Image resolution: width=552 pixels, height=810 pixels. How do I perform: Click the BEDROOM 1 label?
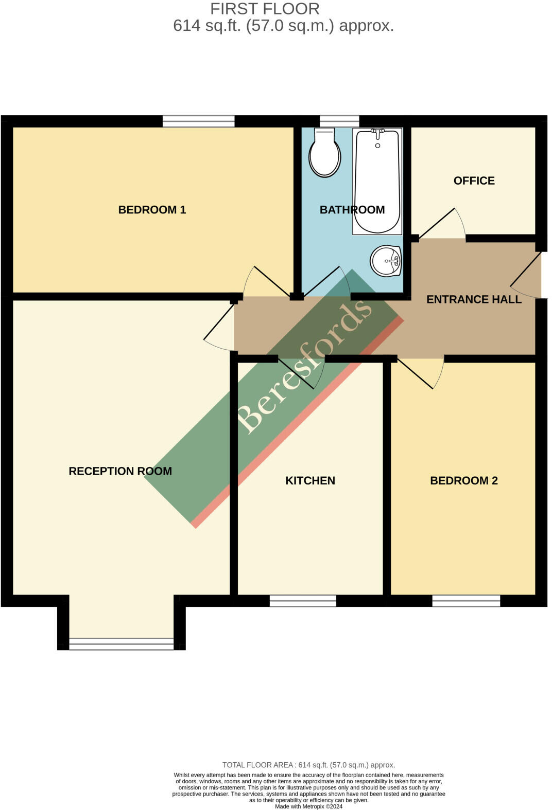[152, 210]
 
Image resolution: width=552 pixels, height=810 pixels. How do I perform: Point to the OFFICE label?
[474, 181]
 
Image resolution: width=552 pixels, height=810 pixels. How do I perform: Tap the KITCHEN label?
[310, 481]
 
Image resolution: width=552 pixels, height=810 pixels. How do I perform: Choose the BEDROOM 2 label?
[463, 481]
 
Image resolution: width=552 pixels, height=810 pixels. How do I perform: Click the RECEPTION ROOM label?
[120, 471]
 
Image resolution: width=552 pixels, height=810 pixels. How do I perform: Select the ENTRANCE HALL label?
[474, 299]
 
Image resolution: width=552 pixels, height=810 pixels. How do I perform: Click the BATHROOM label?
[352, 210]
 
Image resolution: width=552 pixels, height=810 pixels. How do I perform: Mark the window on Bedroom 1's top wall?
[198, 121]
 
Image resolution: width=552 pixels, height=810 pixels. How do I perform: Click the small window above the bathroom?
[339, 121]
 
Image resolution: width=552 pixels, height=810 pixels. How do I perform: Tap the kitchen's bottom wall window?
[303, 601]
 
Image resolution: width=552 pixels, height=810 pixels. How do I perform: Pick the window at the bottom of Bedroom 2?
[466, 601]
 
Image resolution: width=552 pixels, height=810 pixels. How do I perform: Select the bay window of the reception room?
[122, 643]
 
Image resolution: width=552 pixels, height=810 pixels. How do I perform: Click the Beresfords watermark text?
[304, 366]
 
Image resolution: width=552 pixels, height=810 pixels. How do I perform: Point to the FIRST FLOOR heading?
[265, 9]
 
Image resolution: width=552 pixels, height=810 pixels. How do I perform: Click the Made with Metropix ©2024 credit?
[308, 806]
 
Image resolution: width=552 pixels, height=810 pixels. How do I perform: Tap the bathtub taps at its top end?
[378, 134]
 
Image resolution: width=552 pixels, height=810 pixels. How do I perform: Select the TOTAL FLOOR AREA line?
[308, 765]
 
